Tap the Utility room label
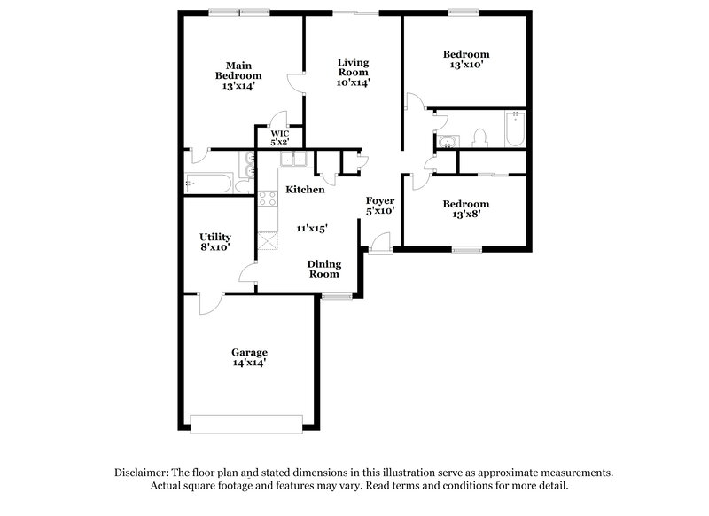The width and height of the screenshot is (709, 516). click(215, 237)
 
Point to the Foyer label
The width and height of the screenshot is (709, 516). click(380, 201)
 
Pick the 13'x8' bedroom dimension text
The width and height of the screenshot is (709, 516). click(465, 214)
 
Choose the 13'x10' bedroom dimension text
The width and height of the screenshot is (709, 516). click(465, 65)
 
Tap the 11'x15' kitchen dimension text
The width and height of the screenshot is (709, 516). click(313, 228)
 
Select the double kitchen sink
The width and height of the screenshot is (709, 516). click(292, 160)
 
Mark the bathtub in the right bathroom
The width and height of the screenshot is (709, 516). click(513, 129)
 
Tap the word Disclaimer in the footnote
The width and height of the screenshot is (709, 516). click(144, 473)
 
